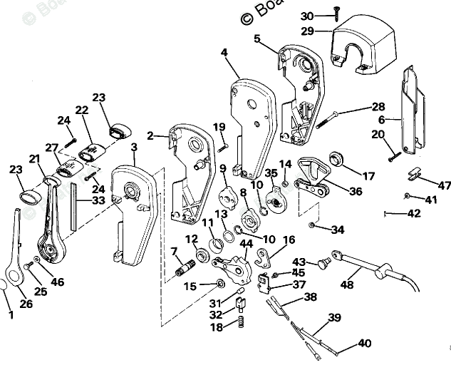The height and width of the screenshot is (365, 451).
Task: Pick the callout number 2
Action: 150,135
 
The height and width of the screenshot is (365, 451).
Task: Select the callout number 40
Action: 365,343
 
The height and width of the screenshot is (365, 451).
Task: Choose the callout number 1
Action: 11,314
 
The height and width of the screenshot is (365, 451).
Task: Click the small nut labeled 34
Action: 312,226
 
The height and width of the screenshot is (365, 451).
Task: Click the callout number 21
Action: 35,158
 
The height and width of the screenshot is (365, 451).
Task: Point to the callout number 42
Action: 414,212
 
